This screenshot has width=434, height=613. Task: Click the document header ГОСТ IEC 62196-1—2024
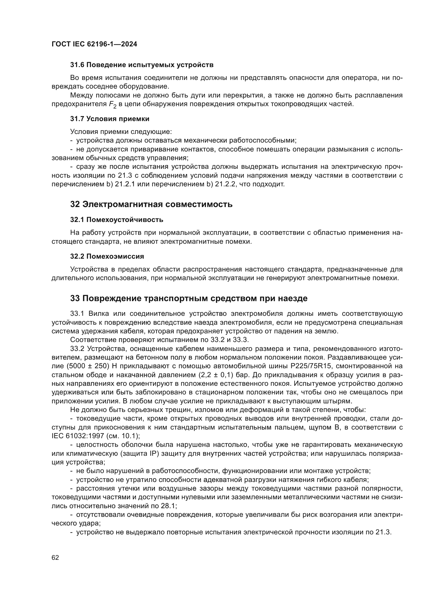(x=94, y=44)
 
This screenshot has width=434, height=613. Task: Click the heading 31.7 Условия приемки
(x=110, y=119)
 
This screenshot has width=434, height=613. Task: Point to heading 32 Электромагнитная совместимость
(x=151, y=204)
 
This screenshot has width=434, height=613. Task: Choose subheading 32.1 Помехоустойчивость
(x=117, y=220)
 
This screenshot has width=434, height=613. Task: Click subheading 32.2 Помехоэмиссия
(x=107, y=256)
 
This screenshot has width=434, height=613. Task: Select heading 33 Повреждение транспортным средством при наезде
(x=189, y=298)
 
